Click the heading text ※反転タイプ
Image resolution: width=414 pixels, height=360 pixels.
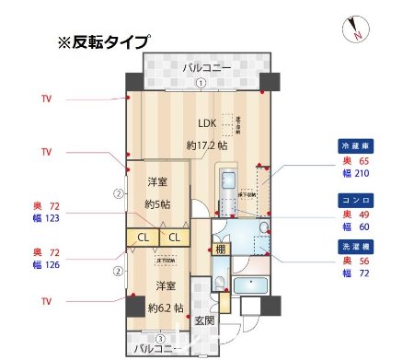103,41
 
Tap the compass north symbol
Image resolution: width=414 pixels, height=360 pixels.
353,30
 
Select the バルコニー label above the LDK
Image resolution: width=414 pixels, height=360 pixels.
200,68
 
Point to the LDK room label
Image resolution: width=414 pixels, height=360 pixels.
209,124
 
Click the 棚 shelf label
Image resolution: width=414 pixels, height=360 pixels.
221,248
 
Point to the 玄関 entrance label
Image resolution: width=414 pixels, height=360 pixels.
204,321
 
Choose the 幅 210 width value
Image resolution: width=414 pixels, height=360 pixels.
354,173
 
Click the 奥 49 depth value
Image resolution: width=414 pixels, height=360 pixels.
354,212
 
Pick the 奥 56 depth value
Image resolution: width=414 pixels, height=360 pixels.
354,261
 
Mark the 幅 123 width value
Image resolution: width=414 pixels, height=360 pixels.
46,218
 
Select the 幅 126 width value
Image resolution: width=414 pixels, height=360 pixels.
46,265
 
